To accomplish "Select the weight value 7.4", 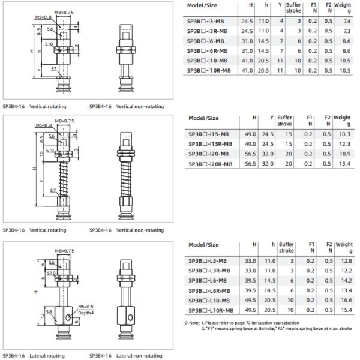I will point(346,20).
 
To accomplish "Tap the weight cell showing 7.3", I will point(346,30).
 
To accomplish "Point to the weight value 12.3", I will point(345,144).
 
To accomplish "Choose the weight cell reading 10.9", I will point(345,154).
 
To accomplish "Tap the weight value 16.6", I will point(345,300).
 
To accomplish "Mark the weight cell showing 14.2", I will point(345,280).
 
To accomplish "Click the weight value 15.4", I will point(345,310).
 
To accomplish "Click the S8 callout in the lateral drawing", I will point(50,311).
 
